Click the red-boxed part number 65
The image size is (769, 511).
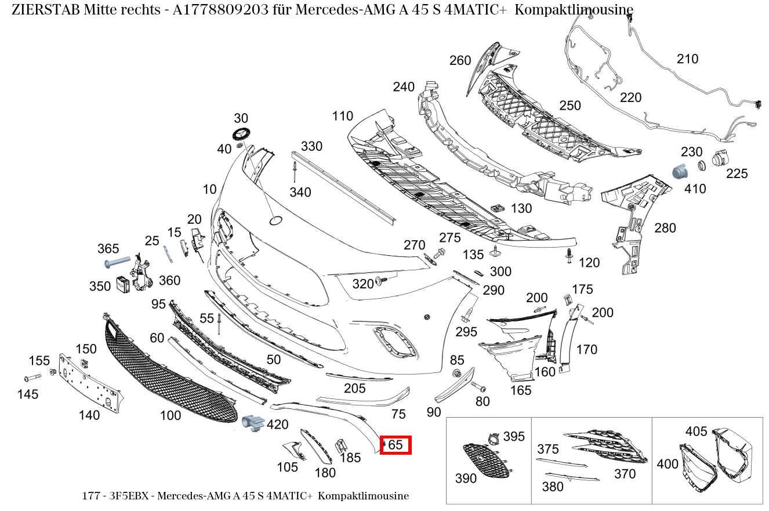click(x=396, y=445)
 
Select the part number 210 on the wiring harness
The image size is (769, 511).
click(x=687, y=59)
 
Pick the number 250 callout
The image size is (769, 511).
click(x=570, y=106)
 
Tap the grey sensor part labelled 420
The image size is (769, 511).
click(x=252, y=423)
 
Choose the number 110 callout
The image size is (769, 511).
click(x=342, y=116)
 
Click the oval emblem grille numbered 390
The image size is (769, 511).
click(x=486, y=461)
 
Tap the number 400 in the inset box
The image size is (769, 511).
click(x=667, y=464)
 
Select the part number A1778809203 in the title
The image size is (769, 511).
click(x=221, y=10)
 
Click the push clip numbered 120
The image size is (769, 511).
click(x=570, y=255)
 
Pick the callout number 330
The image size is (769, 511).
click(x=311, y=146)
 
